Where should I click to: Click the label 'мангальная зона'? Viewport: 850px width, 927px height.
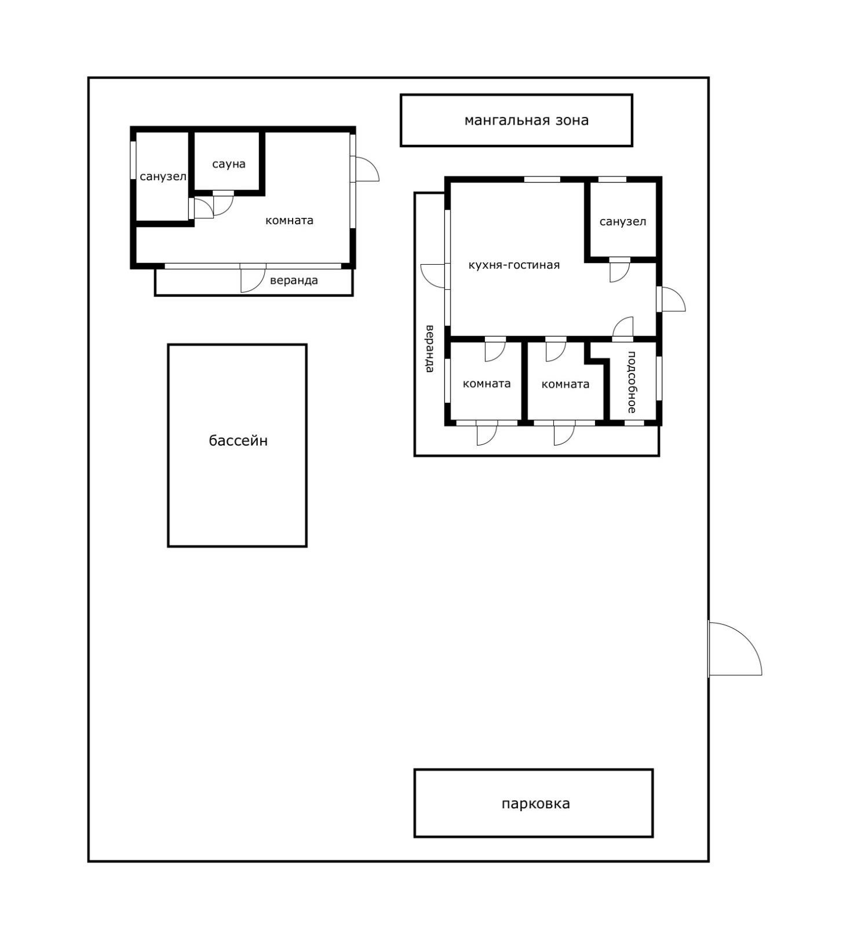pyautogui.click(x=526, y=121)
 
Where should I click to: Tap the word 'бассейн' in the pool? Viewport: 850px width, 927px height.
pyautogui.click(x=238, y=441)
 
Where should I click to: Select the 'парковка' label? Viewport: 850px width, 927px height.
pyautogui.click(x=535, y=804)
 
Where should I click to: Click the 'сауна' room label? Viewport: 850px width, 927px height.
pyautogui.click(x=229, y=164)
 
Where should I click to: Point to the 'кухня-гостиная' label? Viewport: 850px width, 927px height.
pyautogui.click(x=514, y=265)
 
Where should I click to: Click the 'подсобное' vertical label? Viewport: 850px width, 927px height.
pyautogui.click(x=632, y=382)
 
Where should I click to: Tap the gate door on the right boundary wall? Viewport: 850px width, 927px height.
pyautogui.click(x=735, y=648)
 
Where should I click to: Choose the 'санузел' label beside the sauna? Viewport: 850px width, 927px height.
pyautogui.click(x=163, y=177)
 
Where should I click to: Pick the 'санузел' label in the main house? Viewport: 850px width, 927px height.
pyautogui.click(x=623, y=222)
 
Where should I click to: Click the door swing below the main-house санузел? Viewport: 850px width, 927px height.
pyautogui.click(x=620, y=272)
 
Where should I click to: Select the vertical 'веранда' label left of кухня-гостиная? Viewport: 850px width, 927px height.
pyautogui.click(x=430, y=349)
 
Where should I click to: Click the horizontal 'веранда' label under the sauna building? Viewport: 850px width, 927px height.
pyautogui.click(x=294, y=280)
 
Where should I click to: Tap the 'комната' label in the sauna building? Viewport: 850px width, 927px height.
pyautogui.click(x=289, y=220)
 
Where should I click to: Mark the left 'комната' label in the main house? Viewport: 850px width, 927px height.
pyautogui.click(x=487, y=384)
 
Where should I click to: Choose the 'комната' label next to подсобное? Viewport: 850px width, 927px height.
pyautogui.click(x=565, y=384)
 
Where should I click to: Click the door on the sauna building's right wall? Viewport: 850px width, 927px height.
pyautogui.click(x=367, y=169)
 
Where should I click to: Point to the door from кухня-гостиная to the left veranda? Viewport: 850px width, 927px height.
pyautogui.click(x=433, y=276)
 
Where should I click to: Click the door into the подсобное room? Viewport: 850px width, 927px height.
pyautogui.click(x=623, y=327)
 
